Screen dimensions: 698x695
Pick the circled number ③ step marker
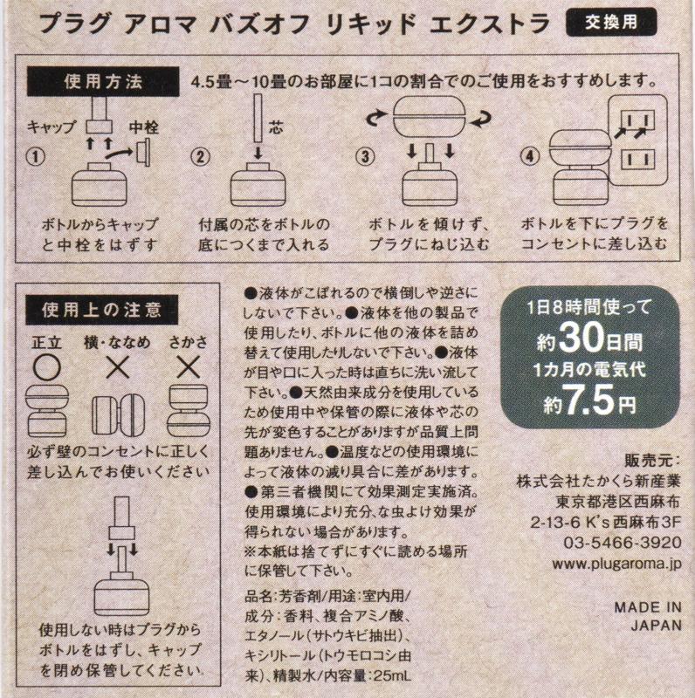click(366, 157)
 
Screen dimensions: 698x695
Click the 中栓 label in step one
click(144, 127)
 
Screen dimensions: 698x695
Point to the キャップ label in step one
click(51, 127)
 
